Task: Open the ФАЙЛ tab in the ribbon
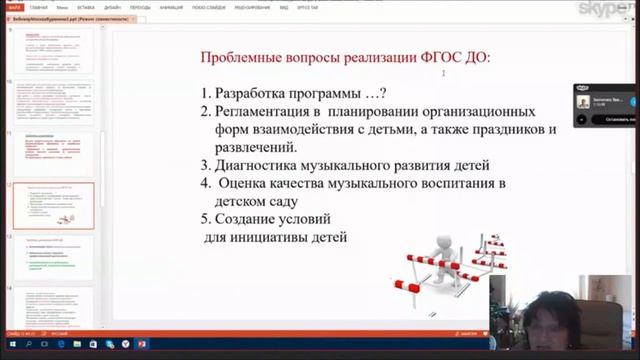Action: pyautogui.click(x=14, y=7)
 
